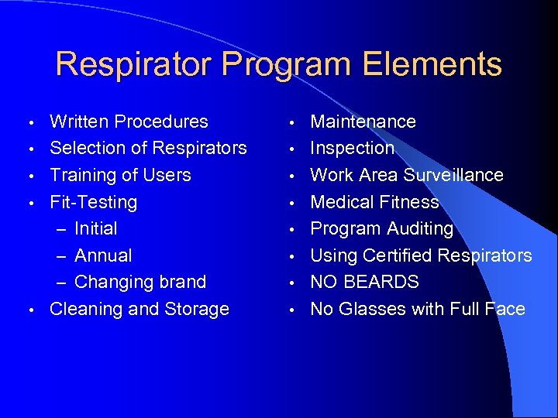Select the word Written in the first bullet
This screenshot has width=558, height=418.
(x=79, y=122)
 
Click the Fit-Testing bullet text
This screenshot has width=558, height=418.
(x=93, y=202)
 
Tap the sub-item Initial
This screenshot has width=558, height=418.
(x=96, y=228)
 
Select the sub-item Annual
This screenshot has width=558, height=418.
(x=103, y=255)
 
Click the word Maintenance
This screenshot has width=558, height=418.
(x=363, y=122)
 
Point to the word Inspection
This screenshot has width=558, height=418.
(x=353, y=148)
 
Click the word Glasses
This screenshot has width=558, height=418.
(x=369, y=309)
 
